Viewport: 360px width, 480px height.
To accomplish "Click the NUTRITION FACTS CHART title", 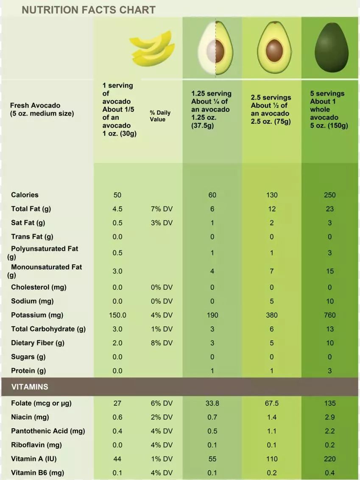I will pyautogui.click(x=89, y=10).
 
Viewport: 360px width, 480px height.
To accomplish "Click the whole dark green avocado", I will pyautogui.click(x=331, y=48).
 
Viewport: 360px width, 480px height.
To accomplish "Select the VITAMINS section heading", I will pyautogui.click(x=30, y=387).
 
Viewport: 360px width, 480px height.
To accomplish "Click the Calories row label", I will pyautogui.click(x=25, y=195).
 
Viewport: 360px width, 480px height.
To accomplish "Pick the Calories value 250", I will pyautogui.click(x=329, y=195).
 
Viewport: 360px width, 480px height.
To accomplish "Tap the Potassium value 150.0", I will pyautogui.click(x=117, y=315).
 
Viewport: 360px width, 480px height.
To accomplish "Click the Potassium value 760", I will pyautogui.click(x=329, y=315).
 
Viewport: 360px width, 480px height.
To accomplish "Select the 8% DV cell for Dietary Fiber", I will pyautogui.click(x=162, y=343).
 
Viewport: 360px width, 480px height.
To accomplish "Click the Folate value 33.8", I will pyautogui.click(x=212, y=403).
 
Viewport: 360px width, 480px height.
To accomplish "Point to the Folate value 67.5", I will pyautogui.click(x=272, y=403).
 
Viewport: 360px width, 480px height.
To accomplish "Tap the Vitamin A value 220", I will pyautogui.click(x=329, y=459).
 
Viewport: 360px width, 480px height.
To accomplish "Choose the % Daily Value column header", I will pyautogui.click(x=160, y=116).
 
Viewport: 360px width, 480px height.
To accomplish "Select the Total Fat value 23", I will pyautogui.click(x=329, y=209).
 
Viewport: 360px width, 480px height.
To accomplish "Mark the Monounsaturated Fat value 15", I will pyautogui.click(x=330, y=271).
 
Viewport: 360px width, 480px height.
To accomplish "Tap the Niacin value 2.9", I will pyautogui.click(x=329, y=417).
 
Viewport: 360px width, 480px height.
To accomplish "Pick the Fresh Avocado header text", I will pyautogui.click(x=42, y=109).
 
